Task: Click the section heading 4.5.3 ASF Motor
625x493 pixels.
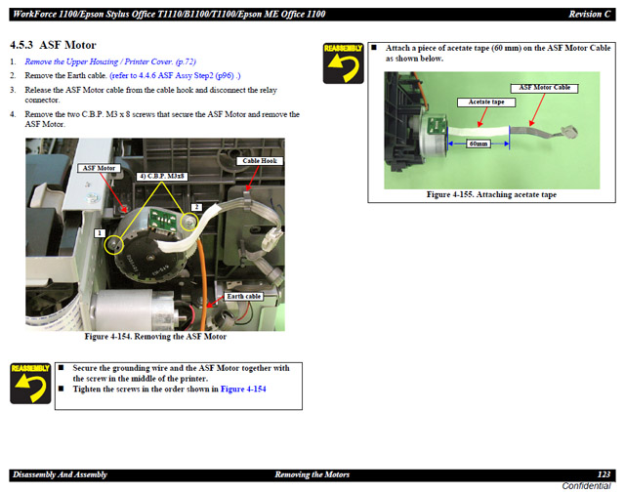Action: pos(53,45)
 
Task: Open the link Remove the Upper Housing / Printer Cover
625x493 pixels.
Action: pos(110,62)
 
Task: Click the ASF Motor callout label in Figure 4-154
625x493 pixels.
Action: pos(99,168)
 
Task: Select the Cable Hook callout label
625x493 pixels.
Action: pos(260,161)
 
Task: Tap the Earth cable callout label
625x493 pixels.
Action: pos(243,297)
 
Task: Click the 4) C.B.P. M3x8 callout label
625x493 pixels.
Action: pos(162,176)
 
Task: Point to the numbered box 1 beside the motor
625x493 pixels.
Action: pos(100,233)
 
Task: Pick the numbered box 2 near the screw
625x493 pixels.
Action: pos(196,207)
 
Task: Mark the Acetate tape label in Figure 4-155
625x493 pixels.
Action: pos(486,103)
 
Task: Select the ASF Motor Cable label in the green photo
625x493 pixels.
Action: pos(545,88)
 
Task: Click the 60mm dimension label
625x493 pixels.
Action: pos(479,144)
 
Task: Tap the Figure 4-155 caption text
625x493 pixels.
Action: pos(491,194)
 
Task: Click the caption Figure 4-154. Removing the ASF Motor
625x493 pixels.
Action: pos(155,337)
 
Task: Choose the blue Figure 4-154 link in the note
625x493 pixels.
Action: pos(243,389)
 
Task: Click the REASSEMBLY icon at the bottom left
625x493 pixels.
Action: pos(30,383)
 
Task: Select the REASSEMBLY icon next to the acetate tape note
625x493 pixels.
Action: pos(343,63)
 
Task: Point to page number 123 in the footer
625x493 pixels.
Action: pos(604,474)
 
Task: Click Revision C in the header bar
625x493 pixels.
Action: pos(590,15)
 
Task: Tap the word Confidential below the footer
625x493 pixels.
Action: pos(586,486)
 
